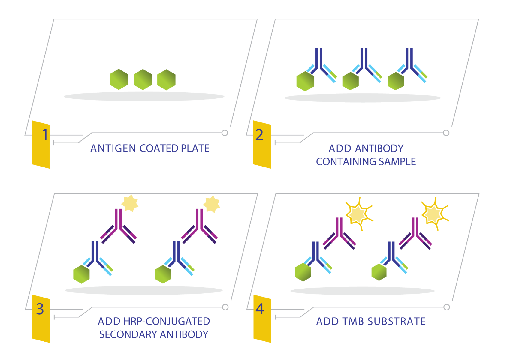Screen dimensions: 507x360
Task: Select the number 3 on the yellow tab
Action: (x=40, y=309)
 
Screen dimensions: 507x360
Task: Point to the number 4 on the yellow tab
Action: (x=260, y=309)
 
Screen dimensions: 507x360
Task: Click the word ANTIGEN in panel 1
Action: (x=113, y=148)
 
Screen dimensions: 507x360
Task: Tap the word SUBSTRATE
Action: (x=397, y=321)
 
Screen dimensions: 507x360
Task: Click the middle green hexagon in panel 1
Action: (x=143, y=79)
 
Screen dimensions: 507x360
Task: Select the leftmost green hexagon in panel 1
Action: (x=119, y=79)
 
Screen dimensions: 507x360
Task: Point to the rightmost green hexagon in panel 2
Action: (x=396, y=81)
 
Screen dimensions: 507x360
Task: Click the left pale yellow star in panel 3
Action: (x=130, y=203)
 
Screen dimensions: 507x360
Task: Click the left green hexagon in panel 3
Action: (x=81, y=274)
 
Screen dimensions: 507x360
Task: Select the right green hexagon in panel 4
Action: (x=379, y=272)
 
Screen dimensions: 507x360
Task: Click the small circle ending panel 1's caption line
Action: (x=225, y=133)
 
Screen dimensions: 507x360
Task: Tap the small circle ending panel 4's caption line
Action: (x=447, y=307)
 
